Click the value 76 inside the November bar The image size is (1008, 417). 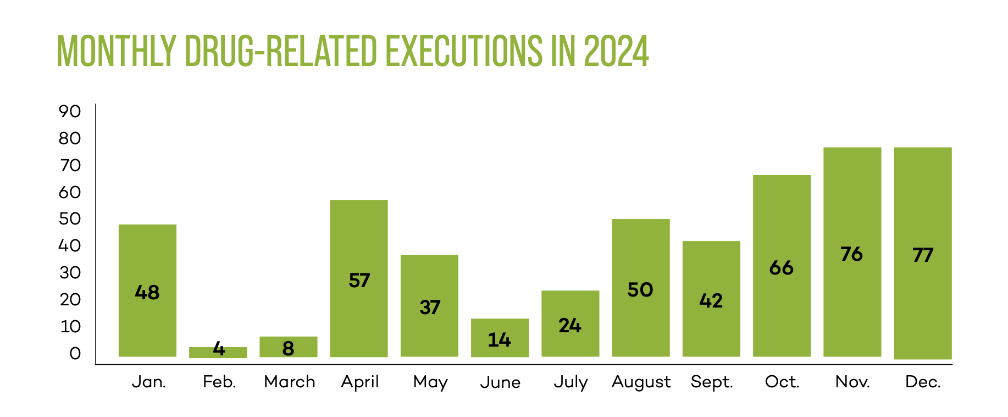[851, 254]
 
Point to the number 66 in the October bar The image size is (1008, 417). [781, 268]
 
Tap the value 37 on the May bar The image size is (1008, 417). [430, 308]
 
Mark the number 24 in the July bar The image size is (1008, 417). [570, 326]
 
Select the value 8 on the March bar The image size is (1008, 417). [288, 349]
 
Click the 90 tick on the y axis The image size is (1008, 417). [70, 112]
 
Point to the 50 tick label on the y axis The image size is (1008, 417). [70, 219]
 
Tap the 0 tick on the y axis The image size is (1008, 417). [75, 354]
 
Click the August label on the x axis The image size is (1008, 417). [641, 382]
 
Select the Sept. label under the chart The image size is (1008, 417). [712, 382]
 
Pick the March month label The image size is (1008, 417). [289, 382]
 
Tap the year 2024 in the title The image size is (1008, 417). [616, 52]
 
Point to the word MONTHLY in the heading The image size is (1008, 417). [117, 52]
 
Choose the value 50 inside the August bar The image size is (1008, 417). [640, 290]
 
